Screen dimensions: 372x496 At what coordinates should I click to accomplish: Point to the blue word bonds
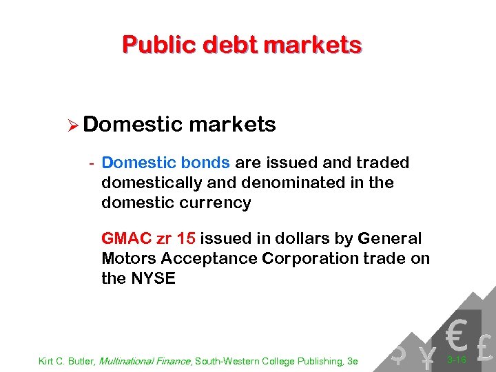tap(205, 163)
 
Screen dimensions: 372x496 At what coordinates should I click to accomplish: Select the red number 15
tap(186, 239)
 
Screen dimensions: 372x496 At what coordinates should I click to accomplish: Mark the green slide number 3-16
tap(457, 360)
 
